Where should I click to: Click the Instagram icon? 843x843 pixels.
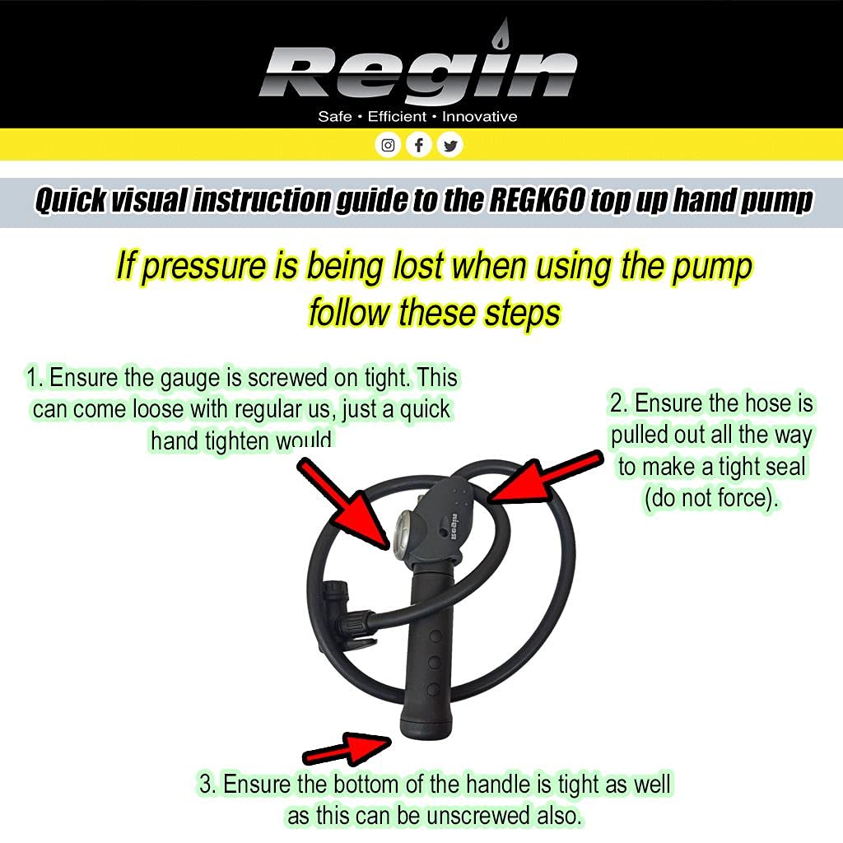pos(388,146)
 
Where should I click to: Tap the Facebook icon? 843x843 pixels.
pos(419,146)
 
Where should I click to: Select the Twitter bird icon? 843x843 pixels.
pos(449,146)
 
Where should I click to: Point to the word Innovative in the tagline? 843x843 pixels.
pos(480,117)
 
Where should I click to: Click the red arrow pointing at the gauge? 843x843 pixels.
pos(343,502)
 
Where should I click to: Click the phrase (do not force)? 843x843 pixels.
pos(710,499)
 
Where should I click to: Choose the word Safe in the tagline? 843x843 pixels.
pos(334,117)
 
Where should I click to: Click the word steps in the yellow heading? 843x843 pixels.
pos(519,313)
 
